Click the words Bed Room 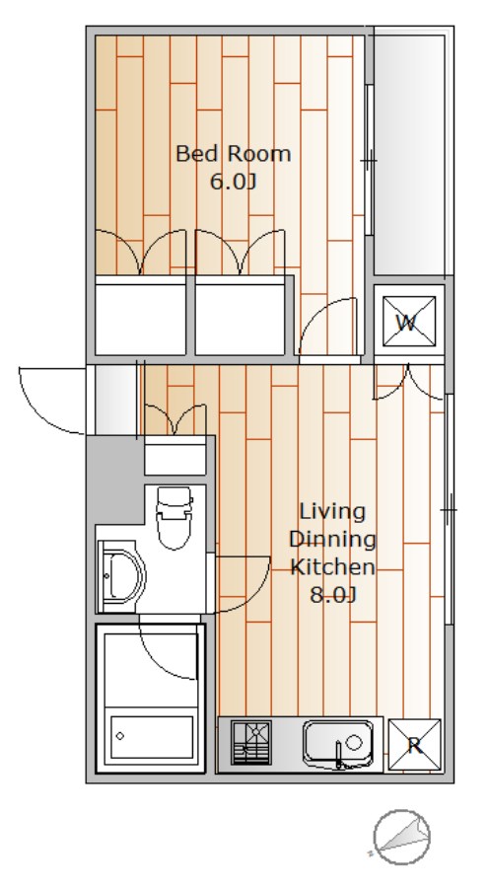click(x=234, y=154)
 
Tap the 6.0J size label click(x=234, y=182)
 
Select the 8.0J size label click(x=333, y=595)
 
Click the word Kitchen click(x=332, y=566)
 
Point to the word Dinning click(x=332, y=539)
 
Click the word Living click(x=332, y=511)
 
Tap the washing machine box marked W click(x=409, y=321)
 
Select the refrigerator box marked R click(x=414, y=745)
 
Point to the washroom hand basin click(x=121, y=576)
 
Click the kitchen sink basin click(x=338, y=742)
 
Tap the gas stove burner click(x=251, y=742)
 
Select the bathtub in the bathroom click(x=151, y=737)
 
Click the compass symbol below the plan click(x=402, y=838)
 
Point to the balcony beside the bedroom click(x=409, y=155)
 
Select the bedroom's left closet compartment click(x=140, y=320)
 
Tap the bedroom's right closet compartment click(x=240, y=320)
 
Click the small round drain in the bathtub click(x=120, y=736)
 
